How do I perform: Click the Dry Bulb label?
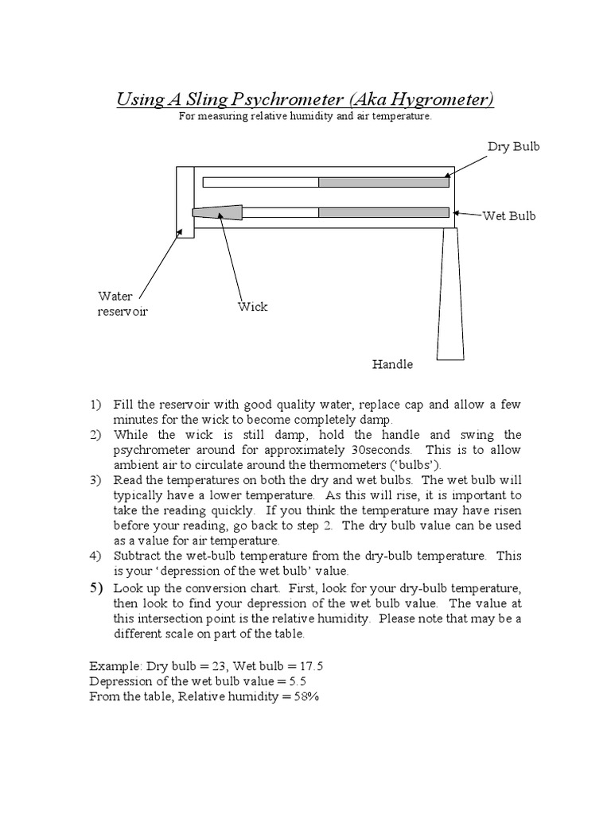click(x=513, y=147)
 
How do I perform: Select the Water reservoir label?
click(x=123, y=304)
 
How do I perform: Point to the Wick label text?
click(x=253, y=307)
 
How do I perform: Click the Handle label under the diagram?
click(x=393, y=364)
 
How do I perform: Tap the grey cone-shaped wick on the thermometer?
click(x=218, y=212)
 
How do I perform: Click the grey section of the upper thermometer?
click(x=383, y=182)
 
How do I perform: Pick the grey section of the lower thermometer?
click(x=383, y=212)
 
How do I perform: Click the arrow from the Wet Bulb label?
click(x=468, y=214)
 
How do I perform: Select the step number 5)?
click(x=96, y=588)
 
